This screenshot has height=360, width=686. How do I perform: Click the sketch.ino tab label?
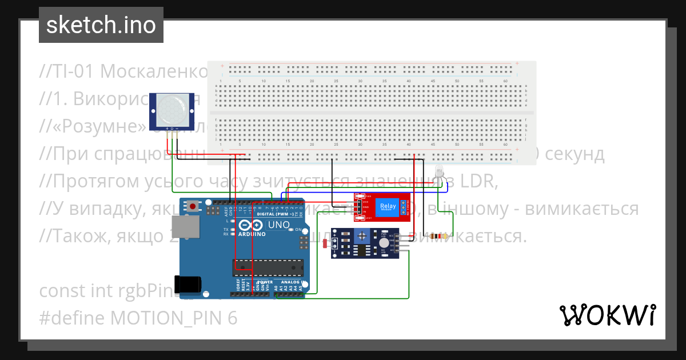coord(101,25)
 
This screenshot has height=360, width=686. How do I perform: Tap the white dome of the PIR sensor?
coord(171,111)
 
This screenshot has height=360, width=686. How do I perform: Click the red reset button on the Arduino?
coord(194,206)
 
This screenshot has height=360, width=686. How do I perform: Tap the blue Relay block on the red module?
coord(388,207)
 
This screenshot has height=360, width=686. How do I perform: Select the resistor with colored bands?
coord(438,236)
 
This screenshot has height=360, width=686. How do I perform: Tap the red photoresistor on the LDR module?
coord(325,244)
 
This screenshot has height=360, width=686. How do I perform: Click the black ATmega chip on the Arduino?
coord(267,266)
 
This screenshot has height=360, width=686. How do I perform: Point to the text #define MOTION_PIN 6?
coord(138,318)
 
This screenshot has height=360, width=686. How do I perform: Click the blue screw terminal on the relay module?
coord(404,207)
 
